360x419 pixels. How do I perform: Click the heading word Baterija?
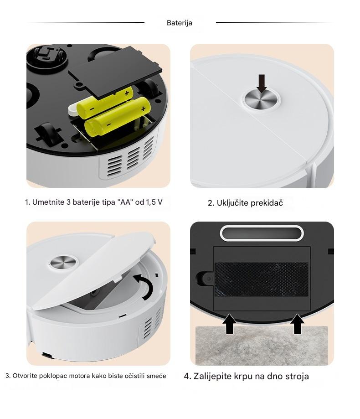click(179, 23)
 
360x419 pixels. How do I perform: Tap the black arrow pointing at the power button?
click(262, 83)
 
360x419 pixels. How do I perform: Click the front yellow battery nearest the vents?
click(118, 117)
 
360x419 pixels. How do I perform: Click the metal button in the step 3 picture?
click(63, 262)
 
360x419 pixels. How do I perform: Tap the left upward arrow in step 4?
click(229, 324)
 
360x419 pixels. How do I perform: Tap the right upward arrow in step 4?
click(297, 324)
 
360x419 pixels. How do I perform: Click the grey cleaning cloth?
click(262, 345)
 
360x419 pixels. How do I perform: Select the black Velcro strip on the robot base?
click(262, 279)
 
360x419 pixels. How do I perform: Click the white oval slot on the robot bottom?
click(262, 233)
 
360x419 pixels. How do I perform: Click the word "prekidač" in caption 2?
click(267, 203)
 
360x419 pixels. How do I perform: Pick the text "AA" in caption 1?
click(125, 202)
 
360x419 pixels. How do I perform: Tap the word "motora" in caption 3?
click(79, 376)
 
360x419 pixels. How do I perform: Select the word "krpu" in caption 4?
click(243, 377)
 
